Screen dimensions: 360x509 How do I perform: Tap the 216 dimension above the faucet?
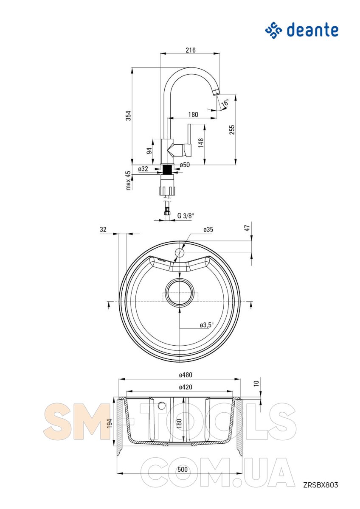[x=190, y=50]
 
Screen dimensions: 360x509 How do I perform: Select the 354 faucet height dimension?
[x=129, y=115]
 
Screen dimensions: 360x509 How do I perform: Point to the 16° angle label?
[x=225, y=103]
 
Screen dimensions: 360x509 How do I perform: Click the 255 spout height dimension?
[x=232, y=130]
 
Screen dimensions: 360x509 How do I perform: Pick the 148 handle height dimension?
[x=201, y=143]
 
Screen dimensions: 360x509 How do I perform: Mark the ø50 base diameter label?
[x=184, y=165]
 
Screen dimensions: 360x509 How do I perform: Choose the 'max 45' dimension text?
[x=129, y=180]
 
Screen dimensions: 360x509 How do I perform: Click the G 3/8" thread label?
[x=186, y=215]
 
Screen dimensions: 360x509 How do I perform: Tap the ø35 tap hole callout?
[x=208, y=229]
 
